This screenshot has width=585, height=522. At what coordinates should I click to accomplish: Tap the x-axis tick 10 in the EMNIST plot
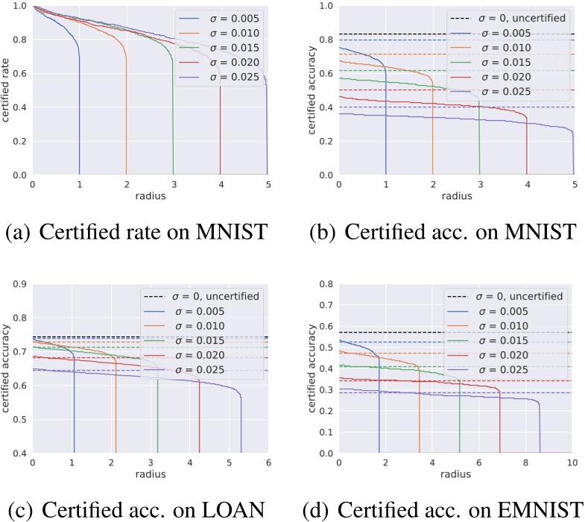tap(572, 463)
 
